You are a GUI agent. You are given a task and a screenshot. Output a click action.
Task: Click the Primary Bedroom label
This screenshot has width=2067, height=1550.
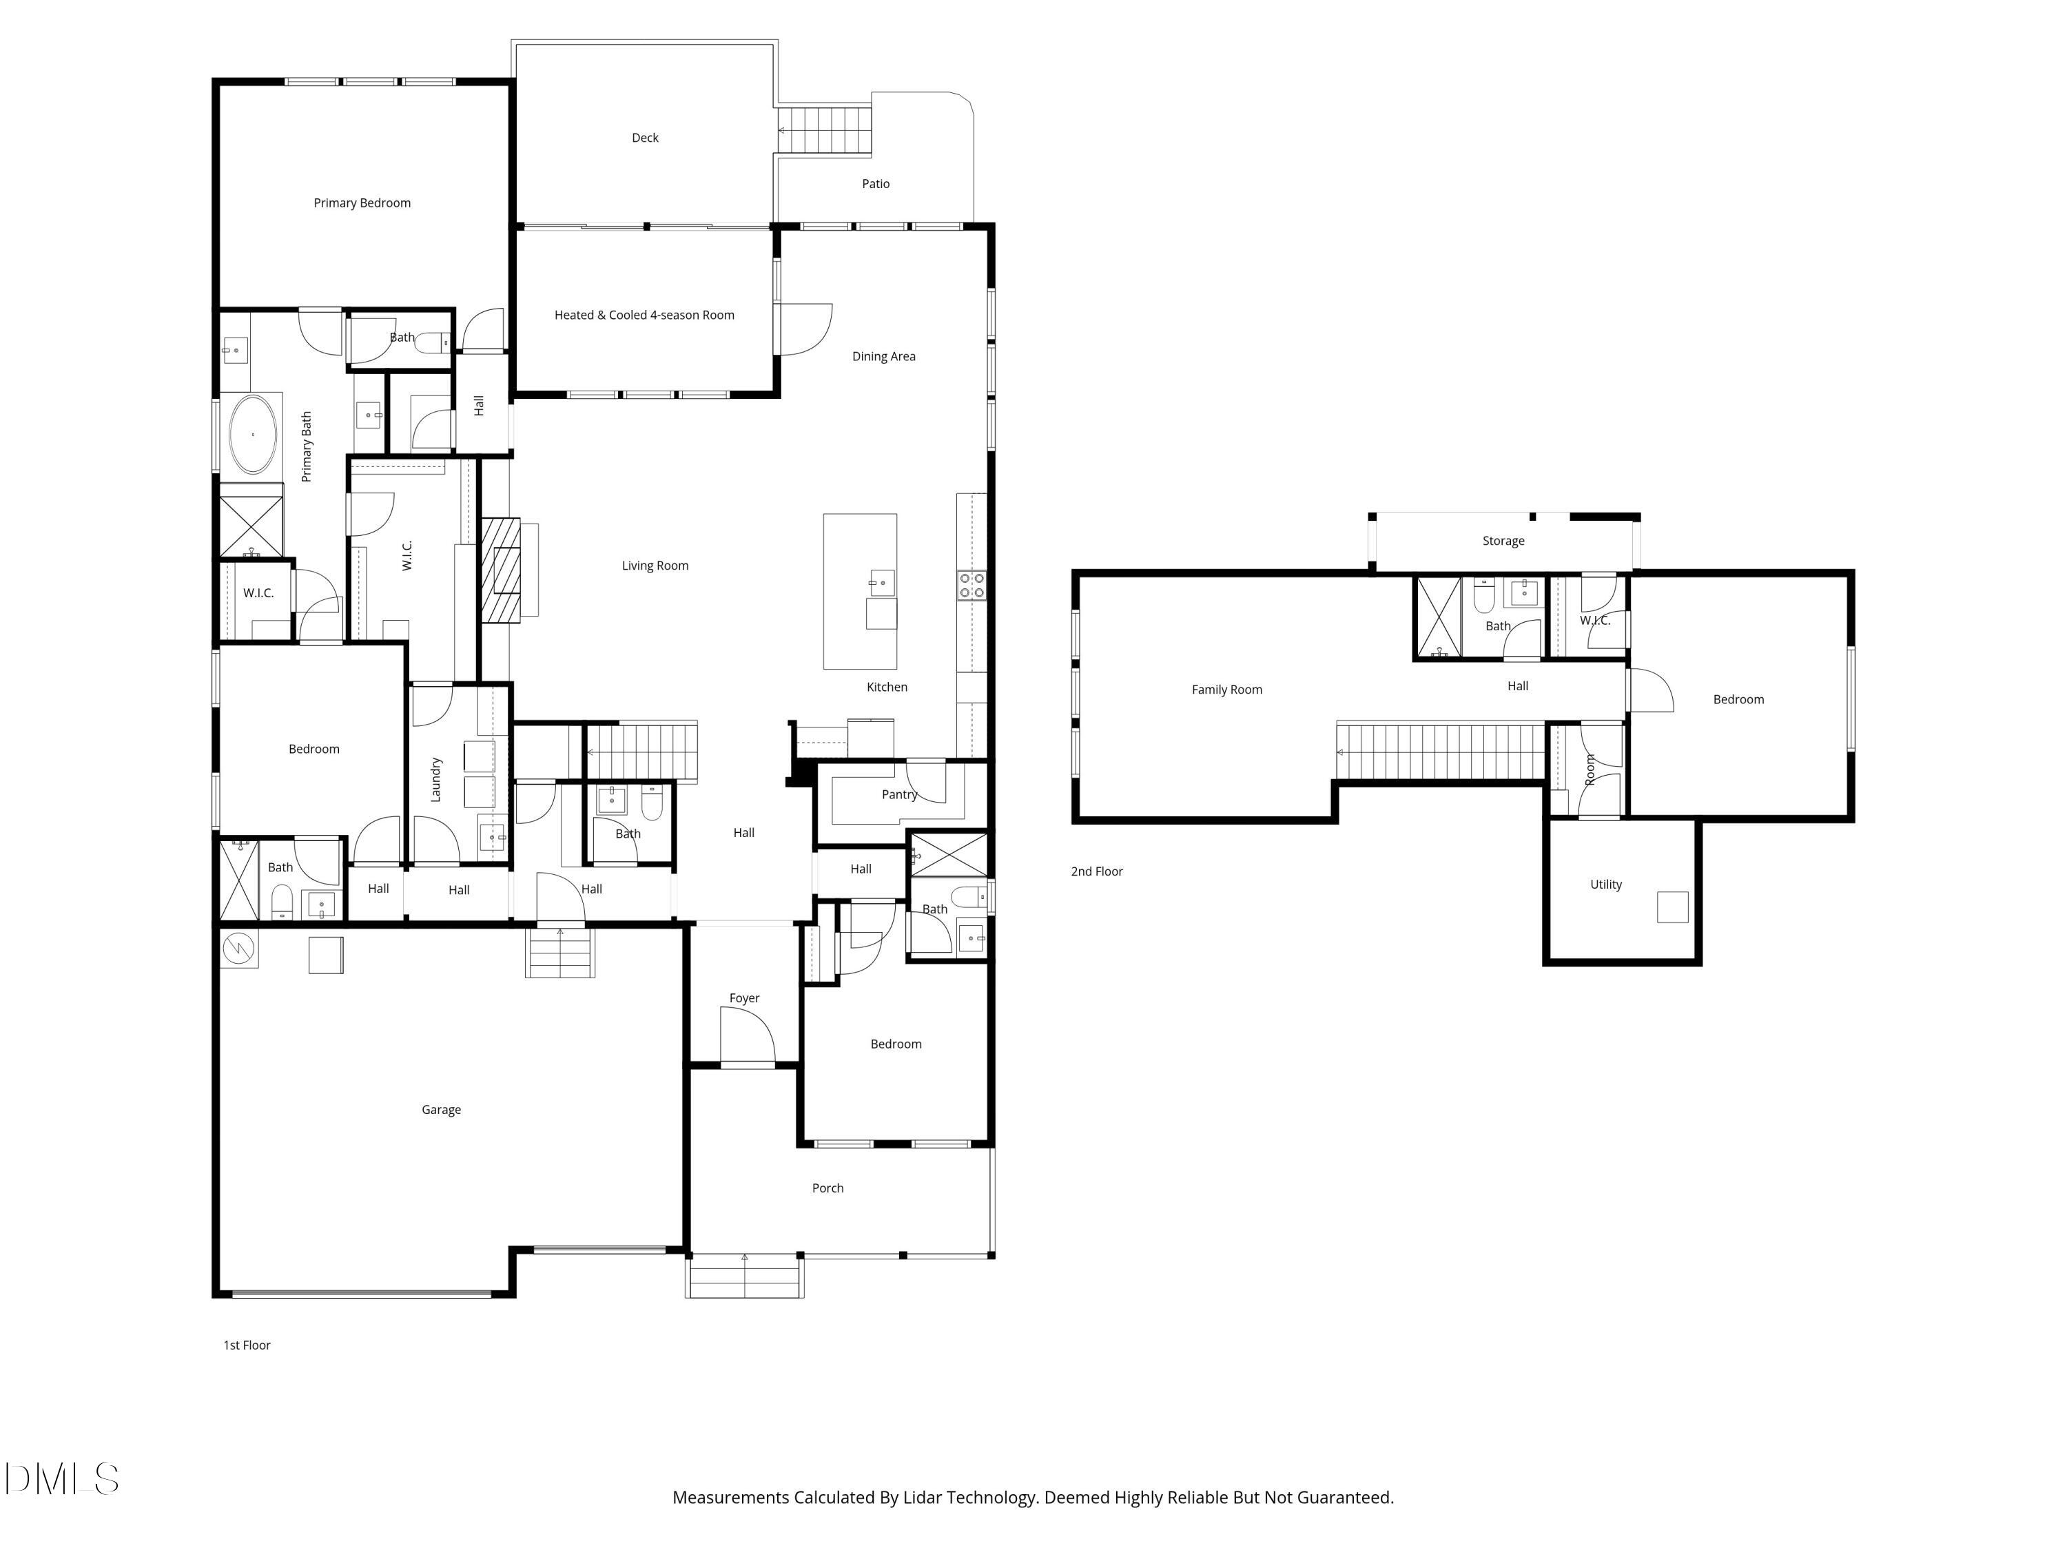click(362, 203)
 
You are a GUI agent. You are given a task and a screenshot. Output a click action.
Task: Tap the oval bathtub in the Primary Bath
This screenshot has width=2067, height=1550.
click(254, 435)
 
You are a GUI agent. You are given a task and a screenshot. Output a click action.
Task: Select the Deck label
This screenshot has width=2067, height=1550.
click(645, 137)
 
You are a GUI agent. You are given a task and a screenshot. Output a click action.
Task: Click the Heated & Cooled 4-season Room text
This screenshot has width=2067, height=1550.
click(644, 315)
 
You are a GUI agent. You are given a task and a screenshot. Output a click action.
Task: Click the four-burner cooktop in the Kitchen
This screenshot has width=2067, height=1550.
click(971, 586)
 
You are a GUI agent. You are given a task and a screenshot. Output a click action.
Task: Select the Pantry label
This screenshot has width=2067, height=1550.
click(899, 794)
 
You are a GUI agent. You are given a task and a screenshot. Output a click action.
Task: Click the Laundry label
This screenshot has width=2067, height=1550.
click(435, 779)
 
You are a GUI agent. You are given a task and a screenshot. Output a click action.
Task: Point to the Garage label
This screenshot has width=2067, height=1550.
click(441, 1110)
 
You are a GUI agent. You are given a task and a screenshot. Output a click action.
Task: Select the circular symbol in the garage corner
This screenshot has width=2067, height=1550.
click(239, 949)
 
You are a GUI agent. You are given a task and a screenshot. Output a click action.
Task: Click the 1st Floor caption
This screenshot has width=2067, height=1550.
click(247, 1345)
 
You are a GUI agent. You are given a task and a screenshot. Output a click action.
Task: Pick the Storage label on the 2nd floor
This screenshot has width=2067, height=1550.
click(1503, 541)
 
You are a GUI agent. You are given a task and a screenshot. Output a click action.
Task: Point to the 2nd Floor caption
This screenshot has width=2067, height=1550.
click(1096, 871)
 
